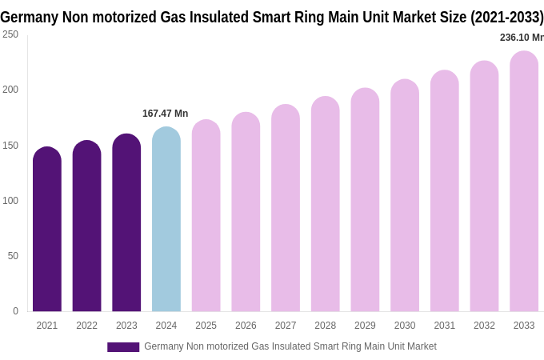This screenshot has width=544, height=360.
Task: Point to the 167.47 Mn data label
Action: coord(165,114)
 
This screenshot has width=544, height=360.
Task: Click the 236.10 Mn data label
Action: coord(522,38)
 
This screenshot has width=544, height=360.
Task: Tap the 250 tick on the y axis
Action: coord(10,34)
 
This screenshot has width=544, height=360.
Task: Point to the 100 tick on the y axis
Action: coord(10,201)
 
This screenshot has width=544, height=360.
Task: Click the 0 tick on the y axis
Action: coord(15,311)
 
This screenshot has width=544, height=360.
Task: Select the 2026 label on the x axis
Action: coord(246,326)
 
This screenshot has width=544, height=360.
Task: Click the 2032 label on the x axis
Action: coord(484,326)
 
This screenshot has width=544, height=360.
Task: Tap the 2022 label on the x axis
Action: coord(86,326)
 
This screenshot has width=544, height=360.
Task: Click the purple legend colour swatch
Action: coord(123,347)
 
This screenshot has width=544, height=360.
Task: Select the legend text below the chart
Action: coord(290,346)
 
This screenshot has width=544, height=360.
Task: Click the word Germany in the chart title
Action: coord(29,17)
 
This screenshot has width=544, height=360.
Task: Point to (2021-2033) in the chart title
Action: coord(506,17)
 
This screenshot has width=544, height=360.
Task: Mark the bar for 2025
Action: coord(206,216)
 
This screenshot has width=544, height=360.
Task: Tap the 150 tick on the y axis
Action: coord(10,146)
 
